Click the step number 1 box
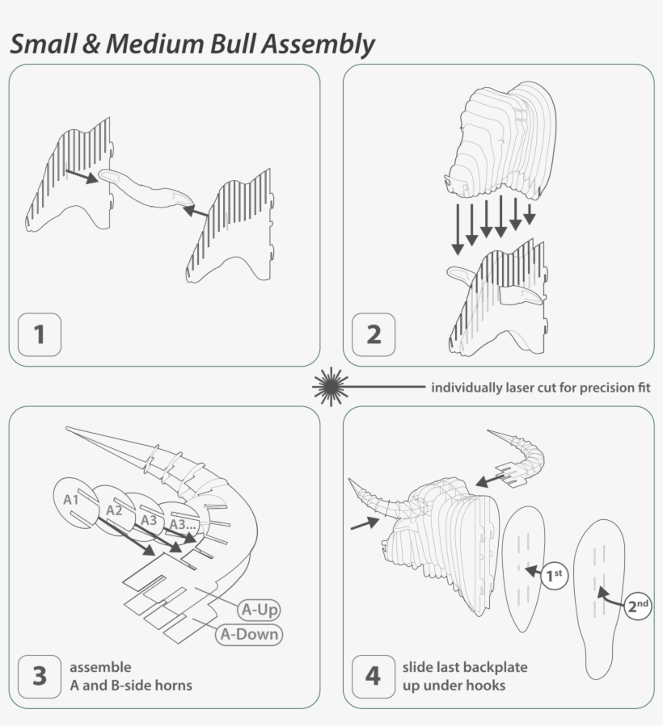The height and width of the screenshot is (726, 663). (x=39, y=334)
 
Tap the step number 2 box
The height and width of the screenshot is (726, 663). (x=374, y=334)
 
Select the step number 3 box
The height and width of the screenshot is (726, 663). (x=39, y=676)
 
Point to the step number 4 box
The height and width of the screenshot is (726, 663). (x=373, y=676)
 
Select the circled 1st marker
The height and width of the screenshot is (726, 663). (x=554, y=576)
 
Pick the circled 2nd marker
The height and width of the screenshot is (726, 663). (x=638, y=604)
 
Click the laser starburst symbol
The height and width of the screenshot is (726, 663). (x=328, y=387)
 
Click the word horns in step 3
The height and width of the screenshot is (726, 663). (x=174, y=686)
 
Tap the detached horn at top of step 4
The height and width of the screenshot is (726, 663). (x=522, y=457)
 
